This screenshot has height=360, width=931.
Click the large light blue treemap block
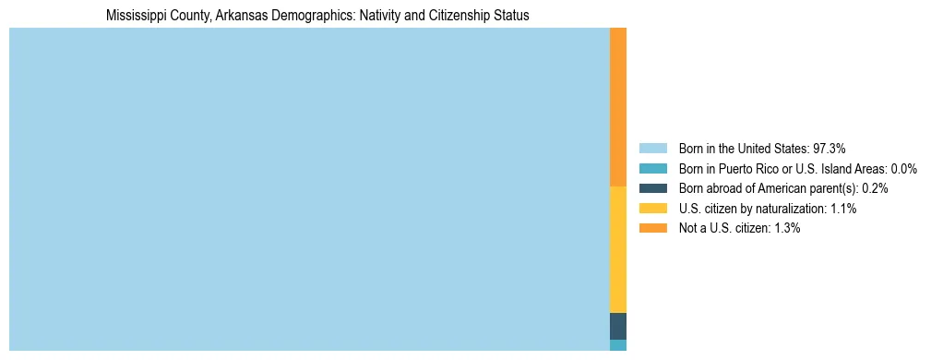click(x=309, y=189)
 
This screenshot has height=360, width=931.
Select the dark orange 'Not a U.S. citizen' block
click(x=618, y=107)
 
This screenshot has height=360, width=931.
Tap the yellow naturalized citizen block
click(x=618, y=249)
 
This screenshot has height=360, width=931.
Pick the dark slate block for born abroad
click(x=618, y=326)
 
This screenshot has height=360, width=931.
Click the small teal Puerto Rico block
click(x=618, y=345)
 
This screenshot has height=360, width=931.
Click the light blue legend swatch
click(x=652, y=149)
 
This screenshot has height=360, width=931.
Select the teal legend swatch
click(x=652, y=169)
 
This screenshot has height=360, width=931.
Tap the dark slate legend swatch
click(x=652, y=188)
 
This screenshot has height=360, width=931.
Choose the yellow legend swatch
click(x=652, y=209)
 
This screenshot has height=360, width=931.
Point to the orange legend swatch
click(x=652, y=228)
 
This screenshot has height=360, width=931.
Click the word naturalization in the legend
click(x=790, y=209)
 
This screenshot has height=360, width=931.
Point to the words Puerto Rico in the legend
click(x=741, y=169)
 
